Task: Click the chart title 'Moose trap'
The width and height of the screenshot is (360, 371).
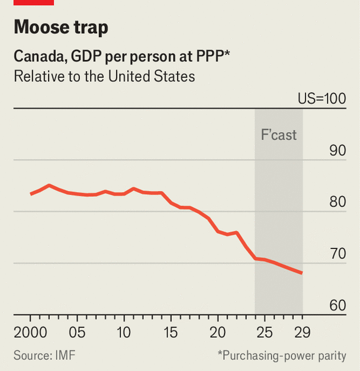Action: click(x=61, y=28)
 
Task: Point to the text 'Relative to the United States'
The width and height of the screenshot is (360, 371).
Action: click(x=104, y=77)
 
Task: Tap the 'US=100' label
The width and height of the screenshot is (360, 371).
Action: click(x=322, y=98)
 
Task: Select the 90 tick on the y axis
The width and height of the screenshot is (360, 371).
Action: click(x=337, y=151)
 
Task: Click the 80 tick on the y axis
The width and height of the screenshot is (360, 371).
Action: click(x=337, y=202)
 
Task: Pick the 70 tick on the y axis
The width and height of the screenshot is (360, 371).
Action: click(x=337, y=254)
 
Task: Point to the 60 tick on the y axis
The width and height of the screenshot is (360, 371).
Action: click(x=337, y=306)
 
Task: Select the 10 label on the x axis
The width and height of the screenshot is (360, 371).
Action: click(x=124, y=331)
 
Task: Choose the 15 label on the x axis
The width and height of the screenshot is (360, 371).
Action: click(x=171, y=331)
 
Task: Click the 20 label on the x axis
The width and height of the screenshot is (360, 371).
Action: click(x=218, y=331)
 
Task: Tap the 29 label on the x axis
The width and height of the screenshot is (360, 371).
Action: click(x=302, y=331)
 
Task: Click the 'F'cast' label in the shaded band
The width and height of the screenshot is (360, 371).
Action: click(x=278, y=135)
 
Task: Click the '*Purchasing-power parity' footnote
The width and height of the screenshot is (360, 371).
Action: click(x=282, y=356)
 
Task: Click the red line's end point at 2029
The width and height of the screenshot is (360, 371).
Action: click(x=302, y=273)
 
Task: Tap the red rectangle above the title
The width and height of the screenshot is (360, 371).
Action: click(x=34, y=2)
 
